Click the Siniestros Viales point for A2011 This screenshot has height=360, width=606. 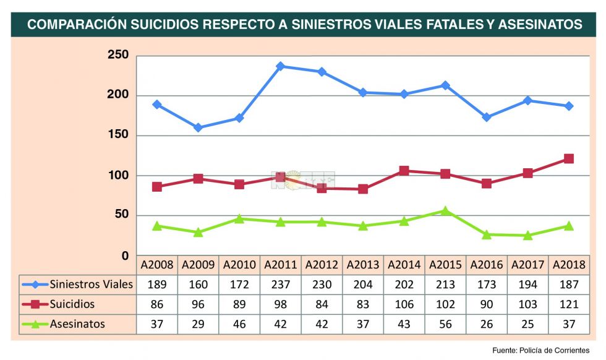coord(280,66)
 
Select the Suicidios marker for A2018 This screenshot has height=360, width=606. coord(569,159)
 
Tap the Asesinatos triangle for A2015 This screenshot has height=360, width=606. coord(445,211)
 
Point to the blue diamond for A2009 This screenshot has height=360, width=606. coord(198,127)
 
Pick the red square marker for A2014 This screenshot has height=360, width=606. coord(404,171)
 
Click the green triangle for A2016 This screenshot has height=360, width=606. coord(487,234)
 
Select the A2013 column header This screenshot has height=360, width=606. coord(363,265)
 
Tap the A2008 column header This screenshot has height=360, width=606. coord(157,265)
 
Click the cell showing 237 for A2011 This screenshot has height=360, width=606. coord(280,285)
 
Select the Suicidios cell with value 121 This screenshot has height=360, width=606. coord(569,304)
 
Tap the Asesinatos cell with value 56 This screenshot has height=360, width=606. coord(445,324)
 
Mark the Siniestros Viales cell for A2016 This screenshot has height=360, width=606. coord(487,285)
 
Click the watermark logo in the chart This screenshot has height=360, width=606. coord(303,180)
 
